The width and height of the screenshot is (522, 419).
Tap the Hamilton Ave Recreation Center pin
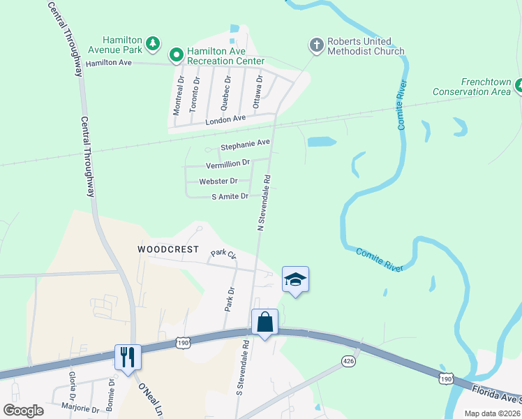tap(177, 53)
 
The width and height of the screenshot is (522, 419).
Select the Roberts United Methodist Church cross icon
tap(315, 46)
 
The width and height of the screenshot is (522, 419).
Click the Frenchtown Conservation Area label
tap(471, 87)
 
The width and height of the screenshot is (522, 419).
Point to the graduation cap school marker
tap(295, 279)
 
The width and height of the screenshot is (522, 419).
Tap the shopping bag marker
tap(264, 323)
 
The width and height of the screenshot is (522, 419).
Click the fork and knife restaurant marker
tap(128, 357)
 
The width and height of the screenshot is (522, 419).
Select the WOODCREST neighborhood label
tap(168, 249)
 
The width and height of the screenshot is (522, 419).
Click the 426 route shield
tap(349, 360)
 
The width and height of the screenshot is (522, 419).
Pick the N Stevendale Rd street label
tap(264, 203)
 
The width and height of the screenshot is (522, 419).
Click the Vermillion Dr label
tap(228, 164)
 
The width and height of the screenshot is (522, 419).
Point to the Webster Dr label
tap(218, 181)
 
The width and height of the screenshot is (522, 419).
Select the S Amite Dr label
tap(230, 197)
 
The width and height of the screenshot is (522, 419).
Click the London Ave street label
tap(225, 119)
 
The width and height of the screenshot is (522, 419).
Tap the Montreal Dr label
tap(179, 96)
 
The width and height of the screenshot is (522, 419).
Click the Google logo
tap(23, 410)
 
